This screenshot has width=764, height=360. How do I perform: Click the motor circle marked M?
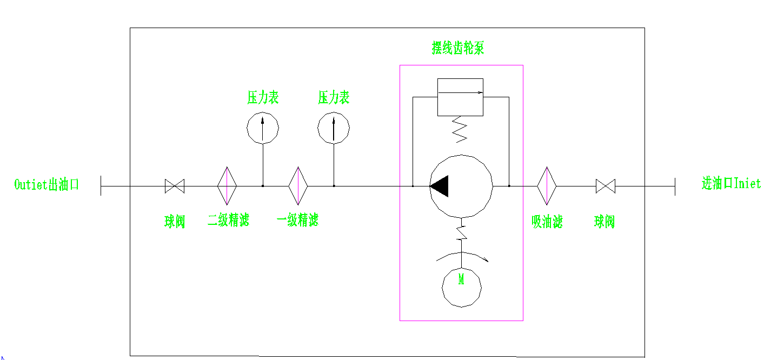pos(461,287)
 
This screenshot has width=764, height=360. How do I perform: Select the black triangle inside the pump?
pos(439,186)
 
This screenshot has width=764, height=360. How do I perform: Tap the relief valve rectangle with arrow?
pos(460,97)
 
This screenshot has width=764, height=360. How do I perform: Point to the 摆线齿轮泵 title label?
pos(457,48)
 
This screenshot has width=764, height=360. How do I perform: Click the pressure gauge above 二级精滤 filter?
pos(263,128)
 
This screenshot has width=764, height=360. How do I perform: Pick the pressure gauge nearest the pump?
pos(334,128)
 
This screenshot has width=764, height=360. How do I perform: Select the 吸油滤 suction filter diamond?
pos(547,186)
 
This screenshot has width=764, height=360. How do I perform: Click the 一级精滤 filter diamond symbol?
pos(298,186)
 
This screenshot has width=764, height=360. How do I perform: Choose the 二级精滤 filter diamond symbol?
pos(227,186)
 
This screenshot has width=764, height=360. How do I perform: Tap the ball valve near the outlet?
pos(175,186)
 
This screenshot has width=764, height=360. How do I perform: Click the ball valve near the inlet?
pos(606,186)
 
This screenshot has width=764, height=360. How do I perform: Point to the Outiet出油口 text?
pos(46,184)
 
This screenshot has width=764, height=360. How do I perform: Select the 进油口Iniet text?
pos(731,184)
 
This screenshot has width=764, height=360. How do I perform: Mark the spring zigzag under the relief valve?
pos(460,129)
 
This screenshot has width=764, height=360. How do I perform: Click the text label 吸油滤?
pos(547,222)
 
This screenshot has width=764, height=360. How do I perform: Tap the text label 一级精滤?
pos(297,220)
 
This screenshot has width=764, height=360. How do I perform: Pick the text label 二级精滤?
pos(228,220)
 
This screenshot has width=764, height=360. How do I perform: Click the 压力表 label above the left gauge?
pos(263,98)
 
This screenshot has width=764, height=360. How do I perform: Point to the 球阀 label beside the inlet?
pos(604,222)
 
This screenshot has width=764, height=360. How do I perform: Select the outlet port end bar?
pos(101,186)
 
